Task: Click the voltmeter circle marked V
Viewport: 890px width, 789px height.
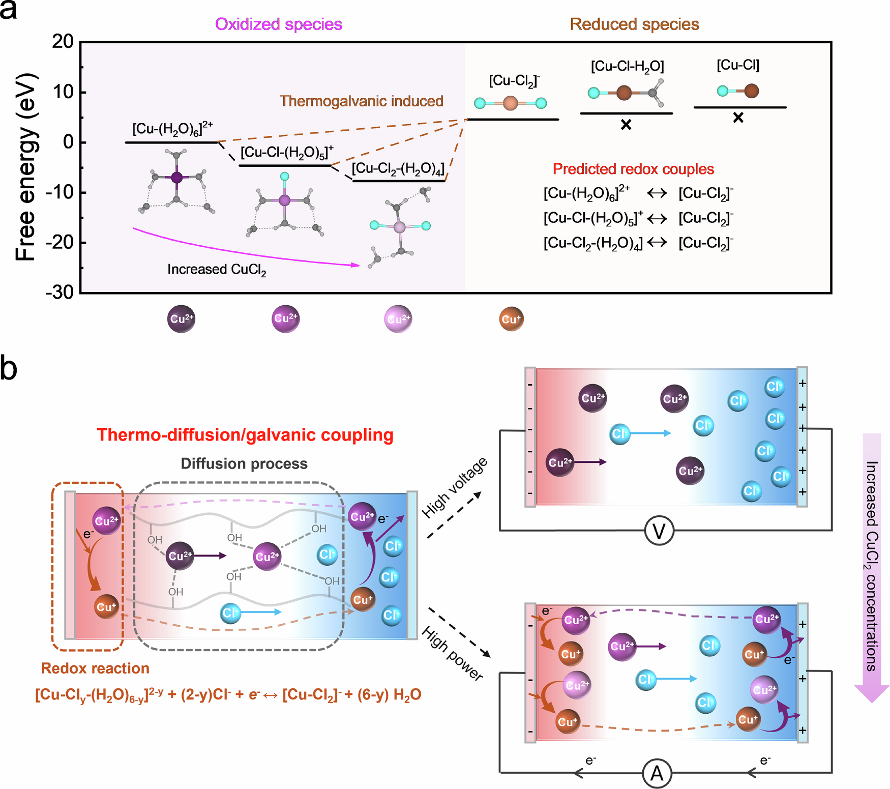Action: [x=659, y=531]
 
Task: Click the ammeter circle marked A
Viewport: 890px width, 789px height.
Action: [x=657, y=773]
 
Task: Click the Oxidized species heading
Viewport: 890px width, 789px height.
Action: [x=278, y=24]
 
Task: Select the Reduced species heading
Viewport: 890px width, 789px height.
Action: [x=634, y=24]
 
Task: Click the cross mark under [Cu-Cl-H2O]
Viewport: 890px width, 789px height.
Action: [x=626, y=125]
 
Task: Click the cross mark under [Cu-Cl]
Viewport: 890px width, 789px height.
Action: [x=738, y=118]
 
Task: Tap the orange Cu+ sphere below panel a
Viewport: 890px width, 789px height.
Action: [x=511, y=319]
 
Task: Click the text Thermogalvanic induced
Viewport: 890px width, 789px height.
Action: [x=361, y=101]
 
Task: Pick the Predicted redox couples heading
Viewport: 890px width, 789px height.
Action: [x=633, y=169]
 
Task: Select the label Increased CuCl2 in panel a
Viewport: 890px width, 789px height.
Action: [x=217, y=269]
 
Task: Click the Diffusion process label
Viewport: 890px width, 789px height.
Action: [x=244, y=463]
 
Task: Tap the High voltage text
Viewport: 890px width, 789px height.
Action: [x=454, y=487]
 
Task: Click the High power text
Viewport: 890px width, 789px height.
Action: [x=452, y=654]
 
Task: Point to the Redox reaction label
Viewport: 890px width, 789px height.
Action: [x=95, y=668]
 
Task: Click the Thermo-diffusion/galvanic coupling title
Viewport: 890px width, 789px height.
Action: [x=245, y=435]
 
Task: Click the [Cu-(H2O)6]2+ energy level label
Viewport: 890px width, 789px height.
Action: [x=172, y=129]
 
